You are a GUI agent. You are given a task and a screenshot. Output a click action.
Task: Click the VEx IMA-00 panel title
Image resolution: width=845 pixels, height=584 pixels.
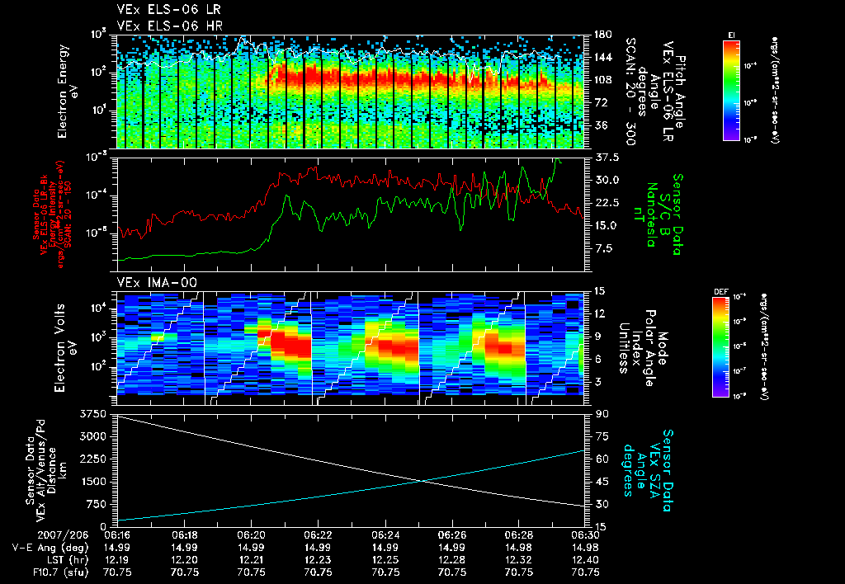click(151, 282)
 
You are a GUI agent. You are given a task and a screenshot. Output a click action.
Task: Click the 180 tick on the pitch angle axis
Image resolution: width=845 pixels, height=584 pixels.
click(602, 35)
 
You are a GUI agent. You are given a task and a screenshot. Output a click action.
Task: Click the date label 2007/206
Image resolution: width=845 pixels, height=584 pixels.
click(32, 535)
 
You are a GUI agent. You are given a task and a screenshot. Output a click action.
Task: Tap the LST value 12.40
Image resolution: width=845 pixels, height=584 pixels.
click(586, 558)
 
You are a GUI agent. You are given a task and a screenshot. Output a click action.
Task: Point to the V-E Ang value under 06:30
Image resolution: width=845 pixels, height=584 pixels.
click(586, 547)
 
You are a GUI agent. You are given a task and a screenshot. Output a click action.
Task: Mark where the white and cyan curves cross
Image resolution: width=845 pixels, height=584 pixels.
click(422, 481)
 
